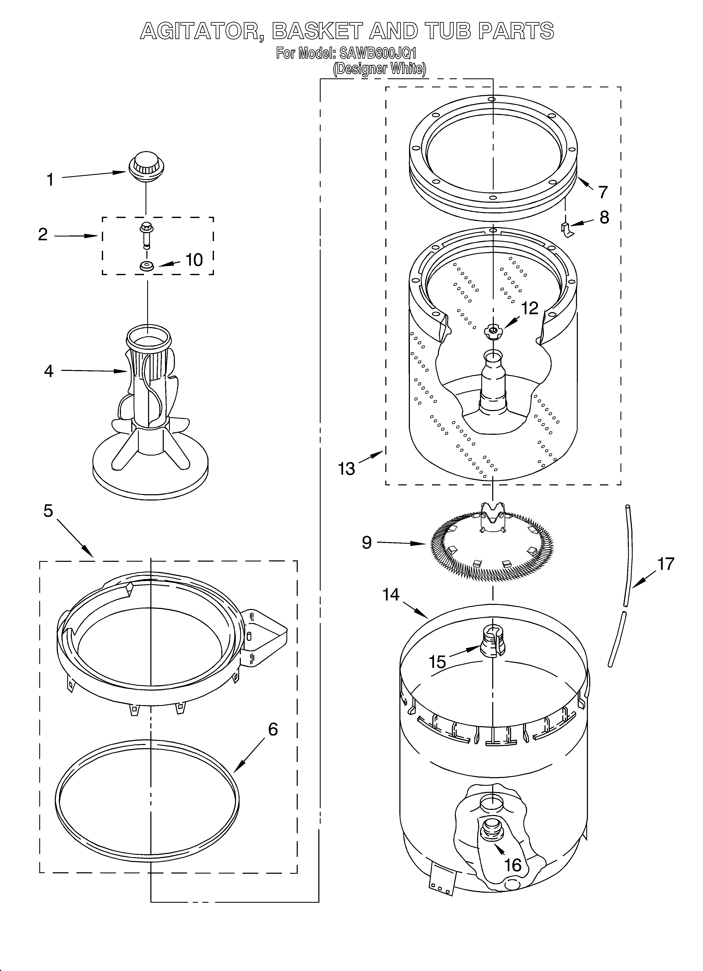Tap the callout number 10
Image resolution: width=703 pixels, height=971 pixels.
pyautogui.click(x=194, y=260)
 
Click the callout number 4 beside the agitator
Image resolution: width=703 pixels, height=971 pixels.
pyautogui.click(x=49, y=371)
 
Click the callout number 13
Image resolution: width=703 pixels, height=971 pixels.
pyautogui.click(x=346, y=469)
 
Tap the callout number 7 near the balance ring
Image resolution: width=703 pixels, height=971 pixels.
pyautogui.click(x=603, y=192)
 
